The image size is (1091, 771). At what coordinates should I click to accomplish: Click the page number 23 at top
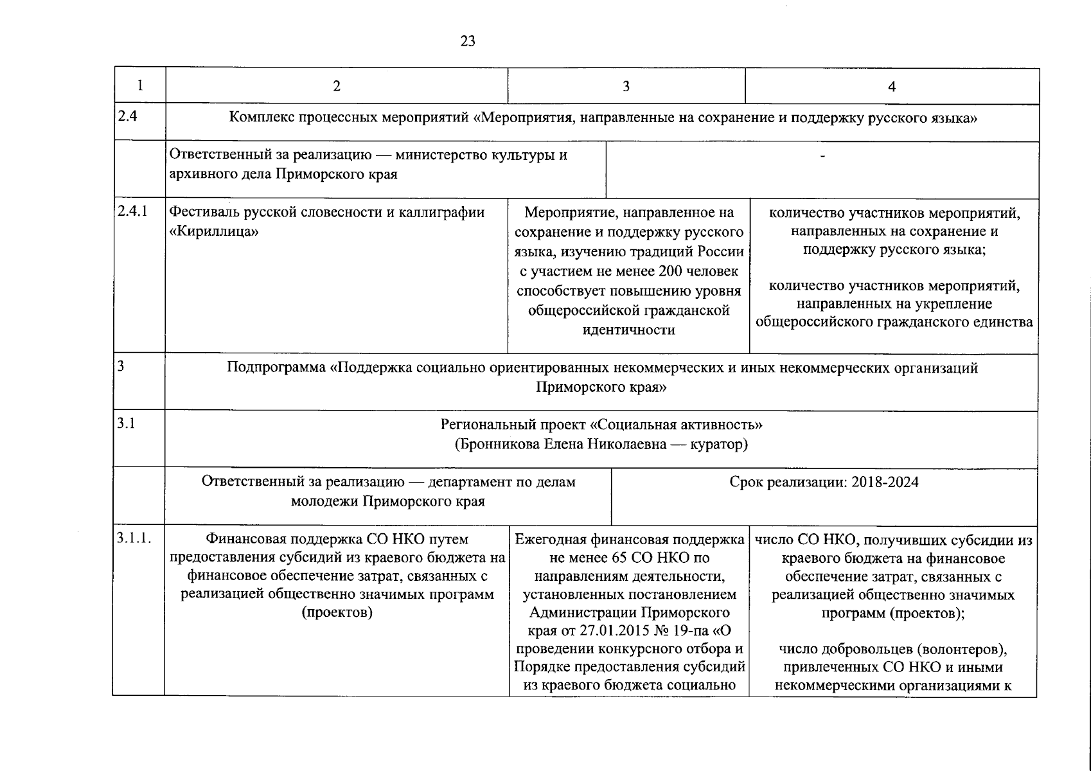tap(468, 42)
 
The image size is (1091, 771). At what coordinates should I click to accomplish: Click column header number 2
tap(337, 87)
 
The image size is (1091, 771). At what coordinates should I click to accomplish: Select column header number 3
tap(626, 87)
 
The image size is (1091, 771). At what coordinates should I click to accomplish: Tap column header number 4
tap(891, 87)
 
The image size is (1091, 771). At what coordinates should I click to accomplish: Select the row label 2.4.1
tap(132, 211)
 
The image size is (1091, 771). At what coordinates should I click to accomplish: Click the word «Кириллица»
tap(213, 231)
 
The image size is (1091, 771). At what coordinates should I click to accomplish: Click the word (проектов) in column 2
tap(337, 612)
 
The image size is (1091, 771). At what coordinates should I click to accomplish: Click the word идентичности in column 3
tap(628, 330)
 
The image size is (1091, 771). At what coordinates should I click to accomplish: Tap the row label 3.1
tap(127, 423)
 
